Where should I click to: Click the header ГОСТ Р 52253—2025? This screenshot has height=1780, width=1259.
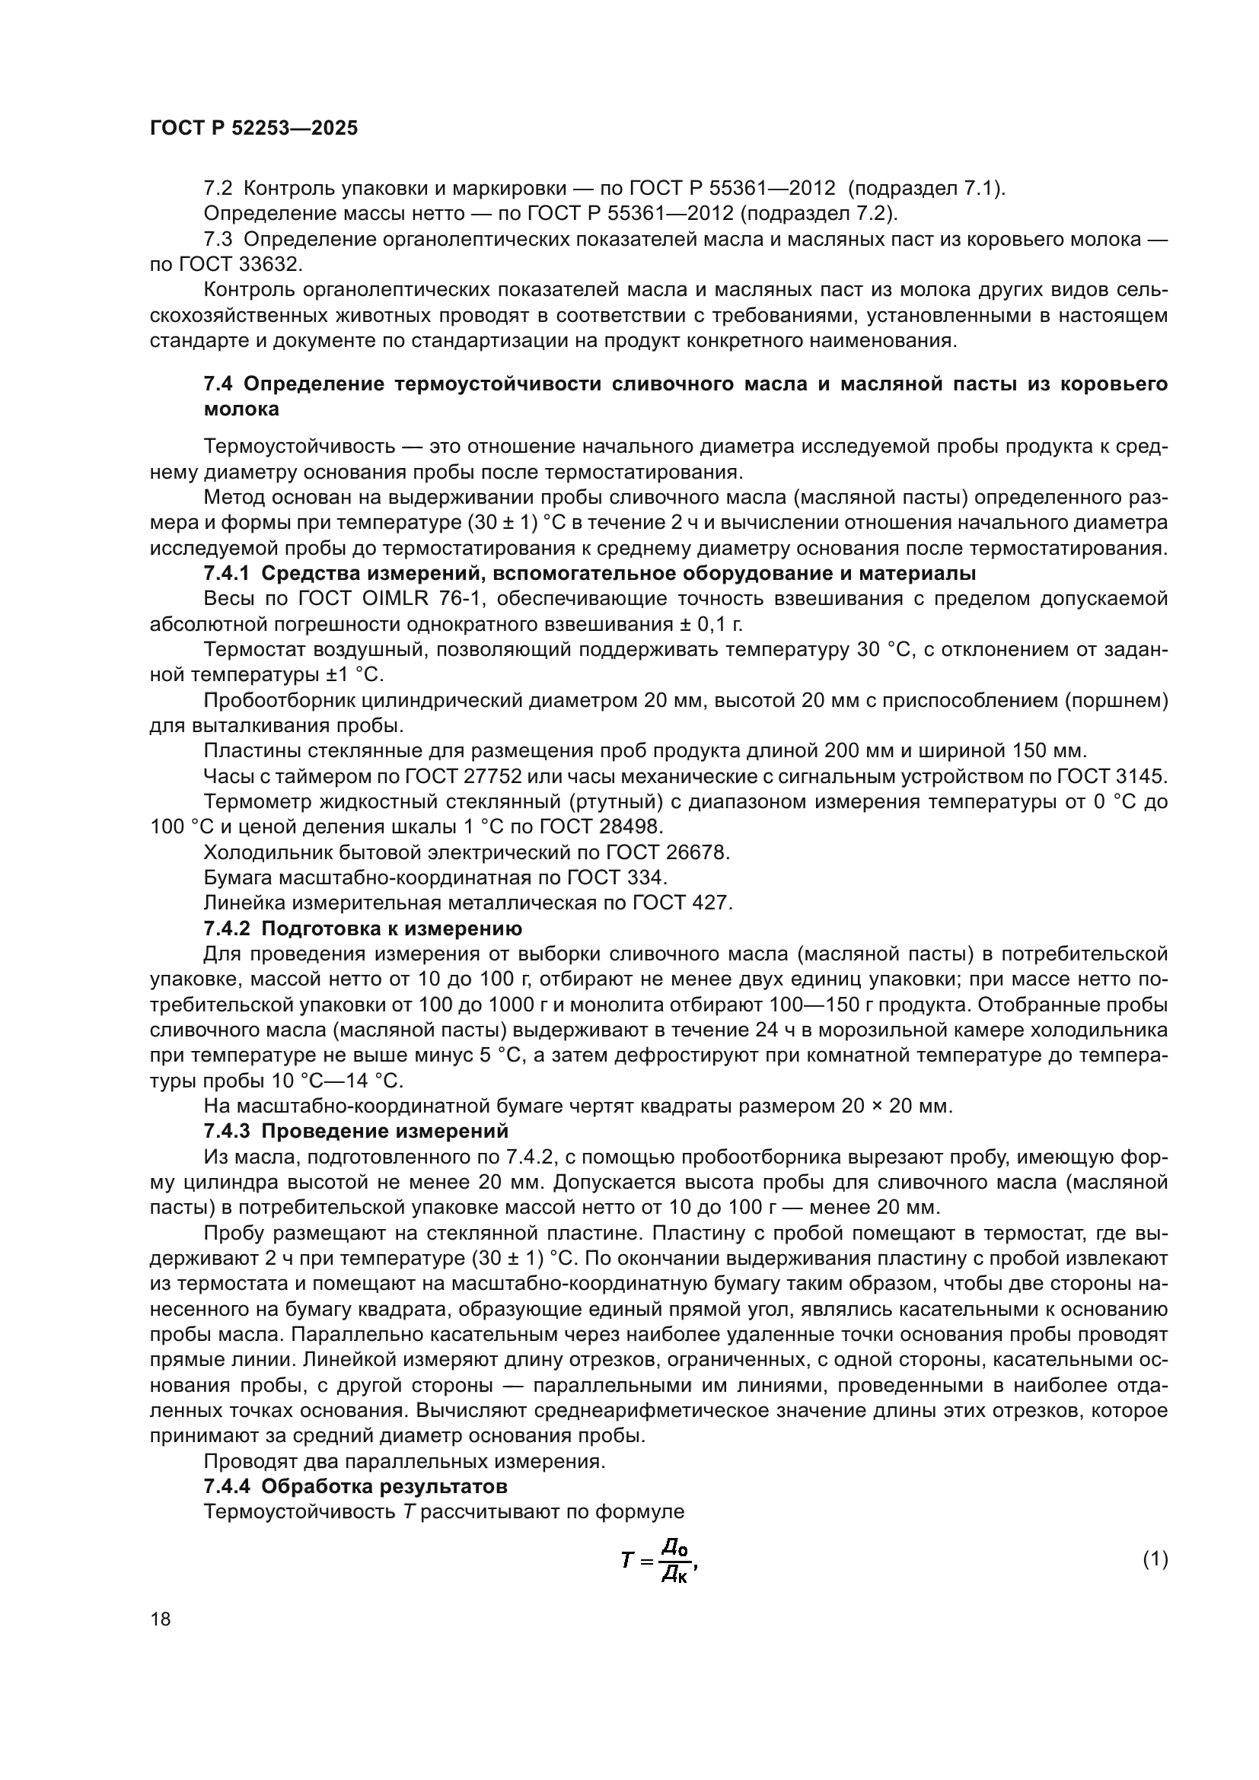253,129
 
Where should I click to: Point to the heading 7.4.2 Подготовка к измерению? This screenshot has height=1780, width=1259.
362,928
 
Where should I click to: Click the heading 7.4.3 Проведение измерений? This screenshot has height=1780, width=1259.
355,1131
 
